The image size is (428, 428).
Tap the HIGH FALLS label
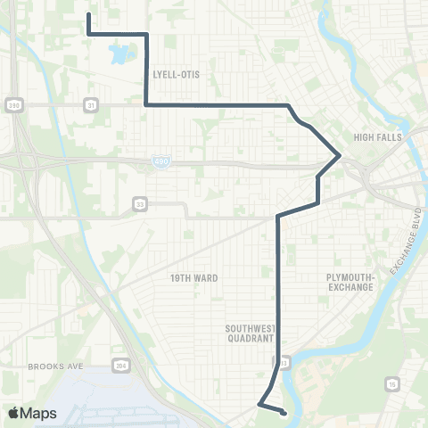point(378,137)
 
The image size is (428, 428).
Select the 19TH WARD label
point(193,278)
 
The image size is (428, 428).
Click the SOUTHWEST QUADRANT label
point(249,333)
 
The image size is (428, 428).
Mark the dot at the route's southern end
point(283,412)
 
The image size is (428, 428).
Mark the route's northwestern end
point(89,14)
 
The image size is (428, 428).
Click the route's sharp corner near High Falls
point(340,155)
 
